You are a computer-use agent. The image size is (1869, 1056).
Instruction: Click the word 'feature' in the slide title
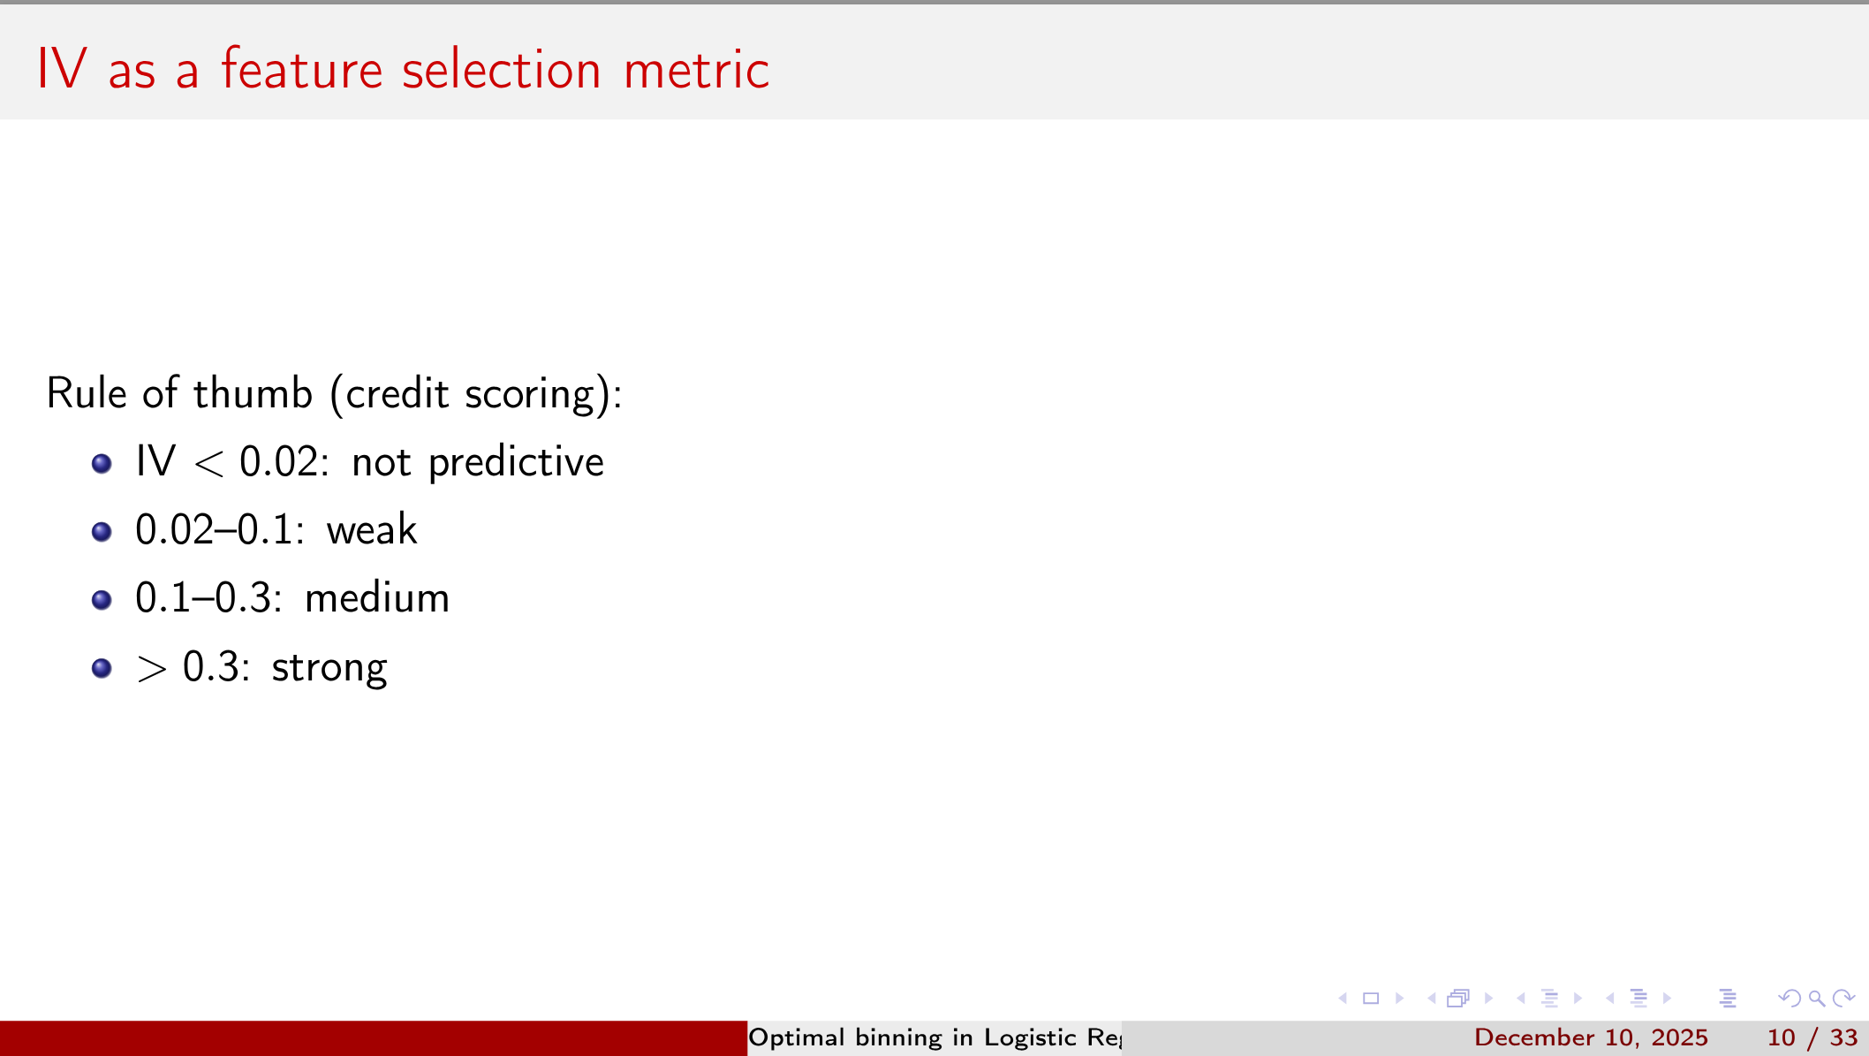301,70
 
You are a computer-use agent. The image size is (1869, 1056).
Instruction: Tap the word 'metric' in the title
696,70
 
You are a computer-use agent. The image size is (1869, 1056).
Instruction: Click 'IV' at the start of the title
61,70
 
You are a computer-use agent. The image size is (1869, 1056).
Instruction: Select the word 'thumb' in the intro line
253,393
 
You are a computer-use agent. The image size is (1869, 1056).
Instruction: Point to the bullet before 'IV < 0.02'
102,463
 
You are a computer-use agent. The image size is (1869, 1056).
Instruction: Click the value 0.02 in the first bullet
278,462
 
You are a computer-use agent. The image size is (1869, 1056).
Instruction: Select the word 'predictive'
516,463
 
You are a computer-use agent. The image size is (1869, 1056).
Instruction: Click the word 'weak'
371,530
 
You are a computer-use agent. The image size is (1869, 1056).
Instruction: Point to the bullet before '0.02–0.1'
102,531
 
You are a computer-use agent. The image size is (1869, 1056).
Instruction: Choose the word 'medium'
377,598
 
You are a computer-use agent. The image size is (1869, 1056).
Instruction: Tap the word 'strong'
329,668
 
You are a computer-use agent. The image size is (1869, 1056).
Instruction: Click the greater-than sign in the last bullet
151,669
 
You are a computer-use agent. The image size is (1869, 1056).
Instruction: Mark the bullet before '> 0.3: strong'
102,668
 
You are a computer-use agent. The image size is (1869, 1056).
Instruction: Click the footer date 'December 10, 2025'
1591,1037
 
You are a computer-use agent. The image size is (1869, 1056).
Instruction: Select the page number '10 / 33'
1812,1037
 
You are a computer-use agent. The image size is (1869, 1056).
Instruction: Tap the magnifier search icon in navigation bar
1817,999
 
